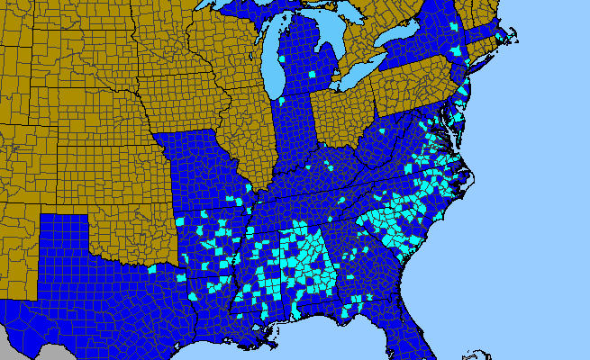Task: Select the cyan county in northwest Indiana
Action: tap(281, 99)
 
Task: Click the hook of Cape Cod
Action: tap(514, 35)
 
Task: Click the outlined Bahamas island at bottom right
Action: tap(468, 355)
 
